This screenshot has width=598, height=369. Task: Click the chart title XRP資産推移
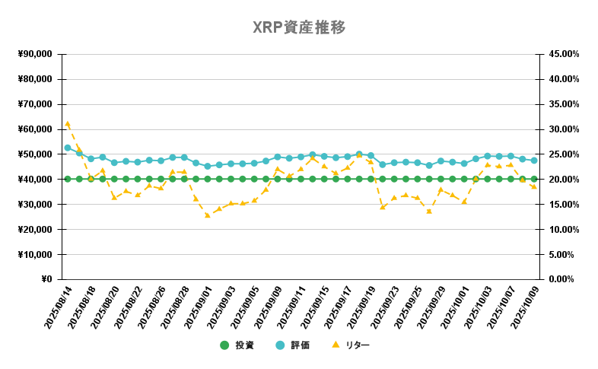tap(299, 28)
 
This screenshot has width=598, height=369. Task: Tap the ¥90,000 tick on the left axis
tap(34, 54)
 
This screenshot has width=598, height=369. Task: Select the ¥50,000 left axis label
tap(34, 154)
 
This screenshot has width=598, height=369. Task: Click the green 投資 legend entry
tap(237, 345)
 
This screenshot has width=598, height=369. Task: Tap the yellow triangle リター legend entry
tap(351, 345)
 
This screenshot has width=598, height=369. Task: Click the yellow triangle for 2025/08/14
tap(68, 123)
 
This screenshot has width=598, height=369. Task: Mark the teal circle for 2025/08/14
tap(68, 148)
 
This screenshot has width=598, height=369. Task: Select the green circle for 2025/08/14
tap(68, 180)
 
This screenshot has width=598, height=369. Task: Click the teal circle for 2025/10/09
tap(534, 161)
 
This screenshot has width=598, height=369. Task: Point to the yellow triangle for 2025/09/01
tap(208, 215)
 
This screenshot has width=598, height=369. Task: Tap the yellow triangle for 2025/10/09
tap(534, 186)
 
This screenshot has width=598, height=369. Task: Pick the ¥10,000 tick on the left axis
tap(34, 254)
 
